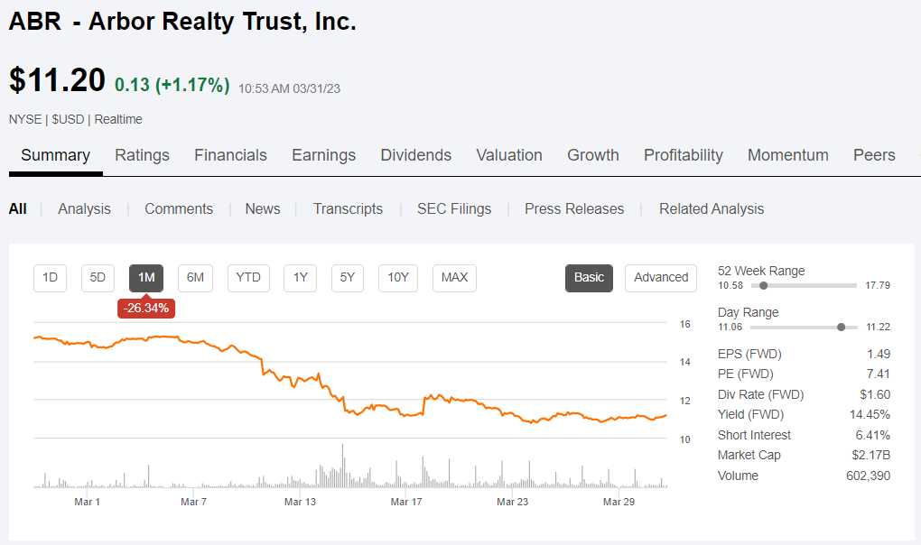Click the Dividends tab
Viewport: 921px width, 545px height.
pyautogui.click(x=415, y=155)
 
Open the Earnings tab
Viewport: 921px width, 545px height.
pyautogui.click(x=323, y=155)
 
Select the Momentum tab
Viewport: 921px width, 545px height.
pyautogui.click(x=787, y=155)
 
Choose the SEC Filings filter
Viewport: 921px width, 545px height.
pyautogui.click(x=454, y=208)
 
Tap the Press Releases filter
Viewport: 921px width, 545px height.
pyautogui.click(x=574, y=208)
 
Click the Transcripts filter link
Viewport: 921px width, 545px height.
pyautogui.click(x=348, y=208)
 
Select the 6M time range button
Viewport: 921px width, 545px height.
pyautogui.click(x=195, y=277)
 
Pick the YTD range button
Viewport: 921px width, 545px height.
pyautogui.click(x=248, y=277)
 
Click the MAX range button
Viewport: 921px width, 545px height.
pyautogui.click(x=454, y=277)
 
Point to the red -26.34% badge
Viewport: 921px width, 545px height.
pyautogui.click(x=145, y=308)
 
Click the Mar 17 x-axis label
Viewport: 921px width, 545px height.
pyautogui.click(x=406, y=502)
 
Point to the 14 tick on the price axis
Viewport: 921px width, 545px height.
pyautogui.click(x=684, y=362)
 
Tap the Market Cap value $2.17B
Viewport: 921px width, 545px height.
pyautogui.click(x=870, y=456)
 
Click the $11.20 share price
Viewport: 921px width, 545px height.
pyautogui.click(x=57, y=80)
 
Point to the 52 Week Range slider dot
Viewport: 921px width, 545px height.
pyautogui.click(x=764, y=285)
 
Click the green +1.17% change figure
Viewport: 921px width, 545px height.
pyautogui.click(x=191, y=86)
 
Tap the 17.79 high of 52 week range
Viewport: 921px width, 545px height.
pyautogui.click(x=878, y=285)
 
